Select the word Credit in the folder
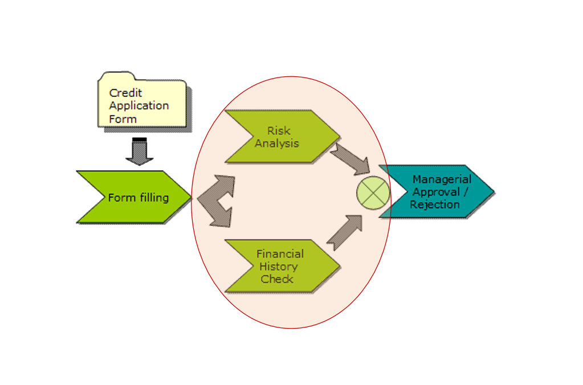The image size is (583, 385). point(125,93)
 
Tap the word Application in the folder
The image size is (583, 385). point(139,106)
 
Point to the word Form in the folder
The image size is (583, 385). point(123,119)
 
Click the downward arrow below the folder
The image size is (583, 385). point(140,151)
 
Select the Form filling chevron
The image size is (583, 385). point(133,197)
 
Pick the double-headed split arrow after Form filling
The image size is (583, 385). point(218,201)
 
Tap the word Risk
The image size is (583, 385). point(279,131)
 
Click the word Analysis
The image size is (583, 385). point(276,144)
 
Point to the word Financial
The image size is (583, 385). point(280,254)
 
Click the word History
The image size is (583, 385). point(278,267)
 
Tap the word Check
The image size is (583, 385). point(277,279)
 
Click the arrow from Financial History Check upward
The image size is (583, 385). point(345,233)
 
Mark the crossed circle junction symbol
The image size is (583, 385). point(373,192)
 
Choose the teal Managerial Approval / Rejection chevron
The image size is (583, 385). point(436,192)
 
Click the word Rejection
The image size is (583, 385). point(434,204)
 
